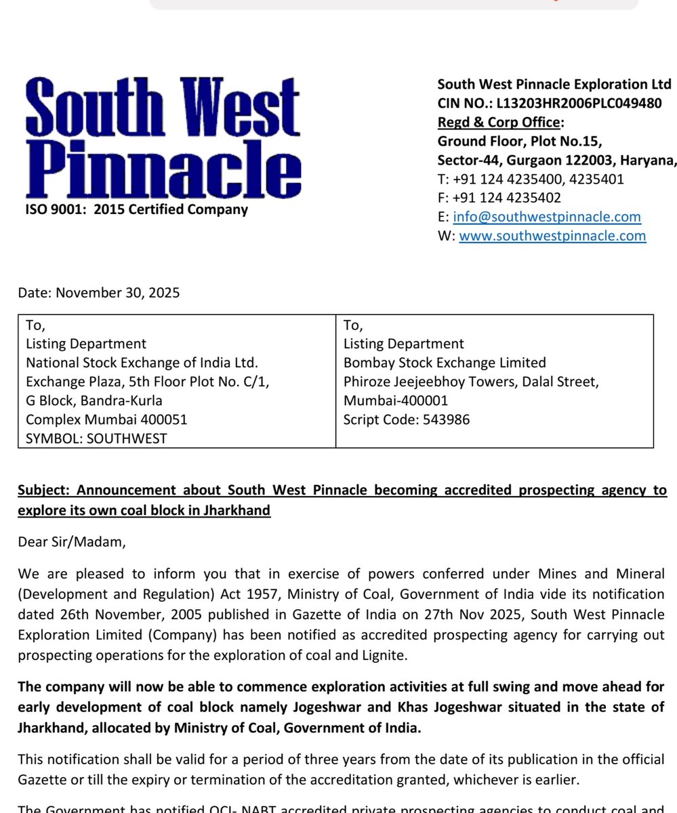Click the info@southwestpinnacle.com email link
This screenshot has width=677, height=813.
pos(546,217)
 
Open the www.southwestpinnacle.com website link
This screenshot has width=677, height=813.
pos(552,236)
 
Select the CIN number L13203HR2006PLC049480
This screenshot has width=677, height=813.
pos(579,103)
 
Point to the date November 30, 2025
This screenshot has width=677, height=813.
pos(117,293)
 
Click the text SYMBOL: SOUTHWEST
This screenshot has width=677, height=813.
pos(96,438)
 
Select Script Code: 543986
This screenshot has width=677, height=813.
pos(406,419)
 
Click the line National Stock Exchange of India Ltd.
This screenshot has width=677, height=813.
pos(142,362)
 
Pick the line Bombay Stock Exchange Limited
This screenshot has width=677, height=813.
pos(445,362)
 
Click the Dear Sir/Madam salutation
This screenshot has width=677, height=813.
pos(72,542)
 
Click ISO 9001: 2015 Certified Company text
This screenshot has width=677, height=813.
pos(136,209)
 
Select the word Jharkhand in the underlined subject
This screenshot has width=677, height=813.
pos(235,510)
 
